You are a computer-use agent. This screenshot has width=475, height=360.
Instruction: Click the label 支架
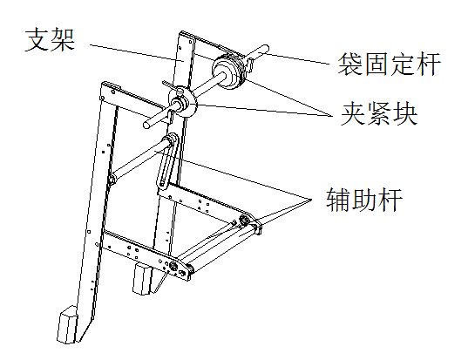50,40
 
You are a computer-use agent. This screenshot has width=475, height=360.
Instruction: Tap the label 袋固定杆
389,64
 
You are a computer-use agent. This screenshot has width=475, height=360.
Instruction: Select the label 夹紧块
379,113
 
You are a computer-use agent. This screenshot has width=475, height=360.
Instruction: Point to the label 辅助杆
364,200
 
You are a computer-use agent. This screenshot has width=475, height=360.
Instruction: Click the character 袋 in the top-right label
350,64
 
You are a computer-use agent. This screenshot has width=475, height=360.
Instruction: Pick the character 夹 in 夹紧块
353,113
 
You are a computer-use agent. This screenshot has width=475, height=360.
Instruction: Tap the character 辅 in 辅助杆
339,200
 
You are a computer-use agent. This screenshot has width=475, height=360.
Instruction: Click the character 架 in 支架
63,40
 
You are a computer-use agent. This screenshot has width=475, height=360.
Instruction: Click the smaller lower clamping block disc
184,103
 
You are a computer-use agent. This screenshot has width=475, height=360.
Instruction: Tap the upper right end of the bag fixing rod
265,48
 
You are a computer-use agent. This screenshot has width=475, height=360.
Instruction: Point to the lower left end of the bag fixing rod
147,126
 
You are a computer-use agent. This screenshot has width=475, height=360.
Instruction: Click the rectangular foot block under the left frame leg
67,324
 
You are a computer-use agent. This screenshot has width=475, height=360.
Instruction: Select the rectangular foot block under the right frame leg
142,279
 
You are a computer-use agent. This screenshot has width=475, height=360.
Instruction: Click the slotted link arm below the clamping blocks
166,160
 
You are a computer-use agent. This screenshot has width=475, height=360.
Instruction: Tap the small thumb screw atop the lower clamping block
180,91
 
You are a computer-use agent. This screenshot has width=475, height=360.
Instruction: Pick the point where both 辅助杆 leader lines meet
311,200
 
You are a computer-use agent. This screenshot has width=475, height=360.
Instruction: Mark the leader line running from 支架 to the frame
136,52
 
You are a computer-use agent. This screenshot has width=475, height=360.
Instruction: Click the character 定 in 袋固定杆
402,64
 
